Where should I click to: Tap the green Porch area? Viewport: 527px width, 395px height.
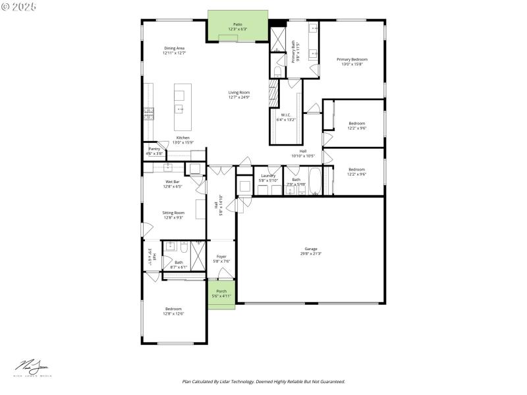pyautogui.click(x=221, y=293)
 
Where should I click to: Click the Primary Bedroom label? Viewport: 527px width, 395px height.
pyautogui.click(x=352, y=61)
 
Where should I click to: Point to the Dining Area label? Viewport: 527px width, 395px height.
pyautogui.click(x=174, y=50)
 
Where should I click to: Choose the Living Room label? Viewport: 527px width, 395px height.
pyautogui.click(x=238, y=95)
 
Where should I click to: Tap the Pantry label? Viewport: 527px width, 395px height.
pyautogui.click(x=154, y=151)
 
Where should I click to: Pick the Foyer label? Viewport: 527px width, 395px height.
pyautogui.click(x=221, y=259)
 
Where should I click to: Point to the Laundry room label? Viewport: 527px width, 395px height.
pyautogui.click(x=268, y=178)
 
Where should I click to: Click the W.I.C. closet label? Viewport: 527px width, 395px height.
pyautogui.click(x=286, y=117)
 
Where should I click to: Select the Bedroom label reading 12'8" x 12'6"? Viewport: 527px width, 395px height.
pyautogui.click(x=174, y=311)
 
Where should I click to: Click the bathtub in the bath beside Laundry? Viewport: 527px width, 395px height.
pyautogui.click(x=315, y=182)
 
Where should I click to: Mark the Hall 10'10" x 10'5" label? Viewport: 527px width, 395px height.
pyautogui.click(x=302, y=154)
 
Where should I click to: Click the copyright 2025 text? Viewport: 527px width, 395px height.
pyautogui.click(x=20, y=6)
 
